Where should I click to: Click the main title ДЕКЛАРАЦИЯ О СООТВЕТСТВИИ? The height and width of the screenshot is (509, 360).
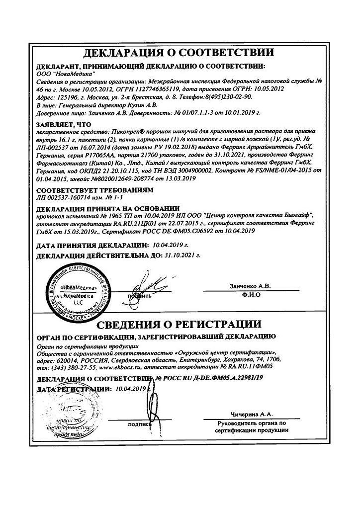tap(180, 53)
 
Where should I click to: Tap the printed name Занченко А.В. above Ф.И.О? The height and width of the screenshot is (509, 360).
tap(251, 286)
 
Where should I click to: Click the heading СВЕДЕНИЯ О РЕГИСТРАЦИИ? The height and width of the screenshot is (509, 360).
tap(180, 325)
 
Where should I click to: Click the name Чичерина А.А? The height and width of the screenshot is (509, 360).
tap(252, 414)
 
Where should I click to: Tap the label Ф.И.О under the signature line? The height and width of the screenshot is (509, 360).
tap(252, 295)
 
